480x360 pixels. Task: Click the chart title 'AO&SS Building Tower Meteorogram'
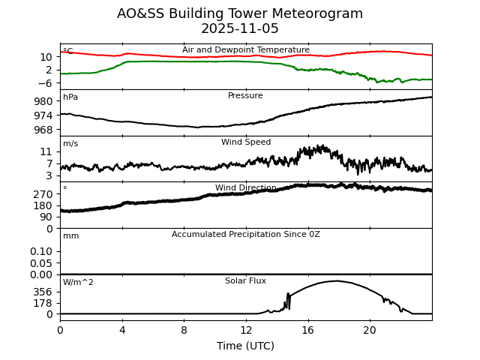click(x=240, y=13)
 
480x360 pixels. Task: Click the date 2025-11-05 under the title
click(x=240, y=29)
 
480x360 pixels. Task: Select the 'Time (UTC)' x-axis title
click(x=245, y=346)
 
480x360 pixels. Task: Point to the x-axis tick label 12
click(x=246, y=330)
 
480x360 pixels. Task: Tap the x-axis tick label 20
click(x=370, y=330)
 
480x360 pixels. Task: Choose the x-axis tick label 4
click(x=122, y=330)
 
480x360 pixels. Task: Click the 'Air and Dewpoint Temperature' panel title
click(x=245, y=50)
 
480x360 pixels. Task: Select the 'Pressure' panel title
click(x=245, y=96)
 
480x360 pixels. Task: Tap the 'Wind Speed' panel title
click(x=245, y=142)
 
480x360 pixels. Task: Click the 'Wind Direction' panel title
click(x=245, y=188)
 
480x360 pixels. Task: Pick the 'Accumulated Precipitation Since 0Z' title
click(x=245, y=235)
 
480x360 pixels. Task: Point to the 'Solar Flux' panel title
click(x=245, y=280)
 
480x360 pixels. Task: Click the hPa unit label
click(x=70, y=97)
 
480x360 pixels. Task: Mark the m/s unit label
click(x=70, y=144)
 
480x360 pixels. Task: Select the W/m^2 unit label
click(x=78, y=283)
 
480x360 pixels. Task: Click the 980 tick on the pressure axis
click(x=43, y=101)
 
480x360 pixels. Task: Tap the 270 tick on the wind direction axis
click(x=43, y=193)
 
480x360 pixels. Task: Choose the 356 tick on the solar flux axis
click(x=43, y=292)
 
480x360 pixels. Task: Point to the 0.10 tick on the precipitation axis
click(x=40, y=251)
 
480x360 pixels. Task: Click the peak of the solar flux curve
click(x=335, y=281)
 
